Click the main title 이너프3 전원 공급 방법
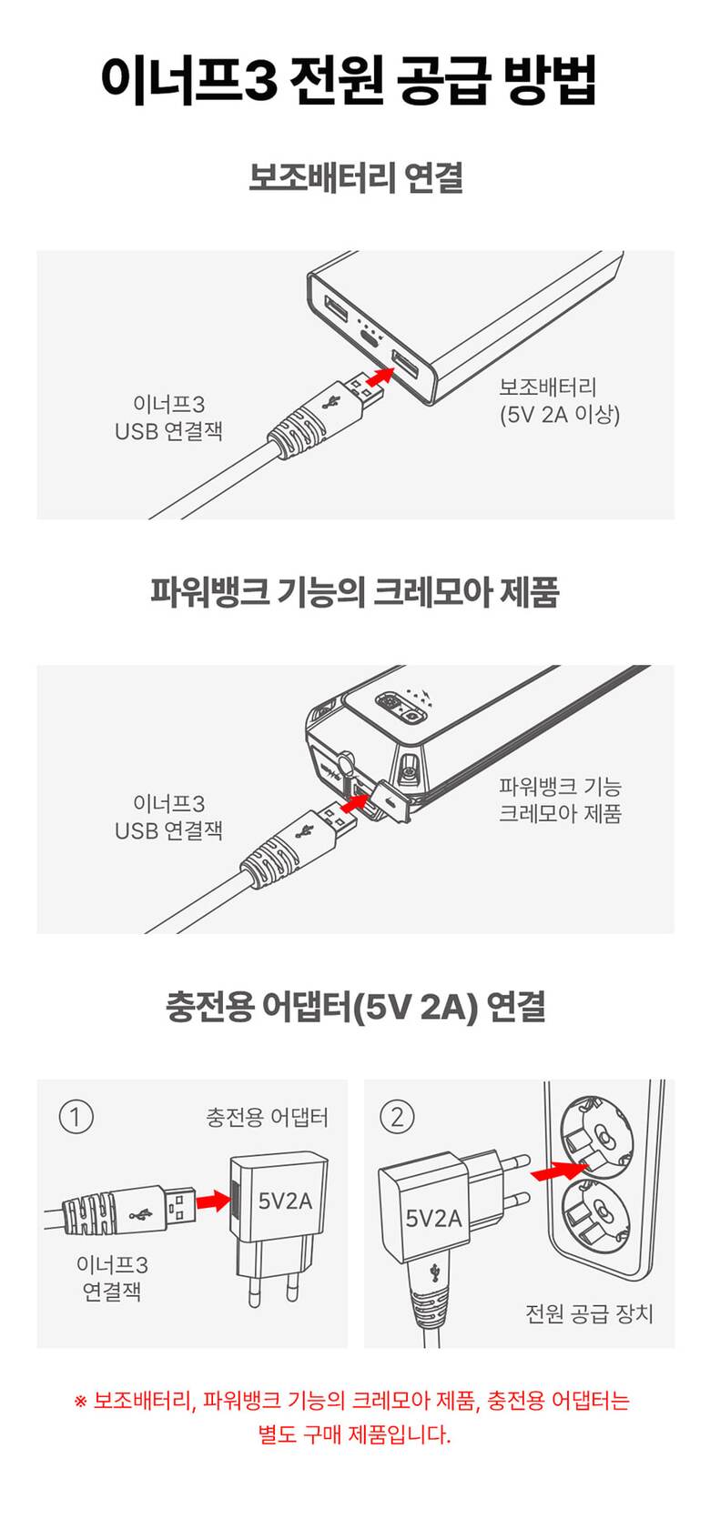coord(348,79)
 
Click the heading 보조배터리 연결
coord(356,177)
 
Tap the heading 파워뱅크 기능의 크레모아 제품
coord(355,591)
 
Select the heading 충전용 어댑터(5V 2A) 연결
coord(355,1007)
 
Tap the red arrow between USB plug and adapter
coord(212,1199)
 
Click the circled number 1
coord(76,1117)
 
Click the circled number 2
coord(397,1117)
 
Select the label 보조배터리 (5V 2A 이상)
coord(559,400)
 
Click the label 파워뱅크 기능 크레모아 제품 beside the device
coord(560,799)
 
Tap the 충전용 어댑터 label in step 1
coord(267,1117)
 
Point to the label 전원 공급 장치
coord(588,1313)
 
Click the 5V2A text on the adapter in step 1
coord(285,1200)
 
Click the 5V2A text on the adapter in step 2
coord(434,1217)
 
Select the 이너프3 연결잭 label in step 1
coord(112,1278)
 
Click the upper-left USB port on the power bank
coord(337,307)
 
